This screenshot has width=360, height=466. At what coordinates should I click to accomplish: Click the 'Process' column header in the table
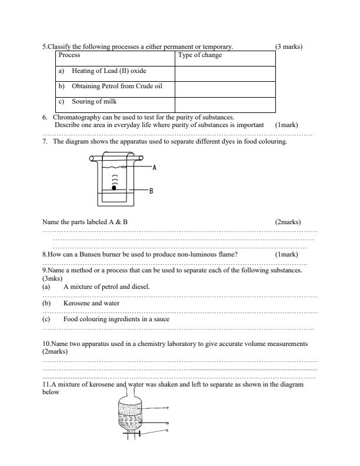(x=70, y=55)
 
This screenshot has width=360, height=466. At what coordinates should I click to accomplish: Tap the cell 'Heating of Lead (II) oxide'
(x=109, y=71)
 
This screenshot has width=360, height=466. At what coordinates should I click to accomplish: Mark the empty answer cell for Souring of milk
(x=225, y=104)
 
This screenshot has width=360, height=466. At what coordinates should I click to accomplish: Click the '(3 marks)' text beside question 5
(x=288, y=46)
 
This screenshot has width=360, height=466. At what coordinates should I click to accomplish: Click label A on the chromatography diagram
(x=154, y=168)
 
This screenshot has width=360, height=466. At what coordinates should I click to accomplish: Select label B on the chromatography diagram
(x=151, y=191)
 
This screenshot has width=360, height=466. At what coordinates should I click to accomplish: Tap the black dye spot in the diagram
(x=115, y=188)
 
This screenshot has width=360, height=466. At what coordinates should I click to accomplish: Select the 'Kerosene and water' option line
(x=91, y=304)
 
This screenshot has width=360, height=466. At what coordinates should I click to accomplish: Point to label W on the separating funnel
(x=168, y=423)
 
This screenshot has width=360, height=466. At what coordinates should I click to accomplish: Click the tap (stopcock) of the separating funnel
(x=139, y=434)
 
